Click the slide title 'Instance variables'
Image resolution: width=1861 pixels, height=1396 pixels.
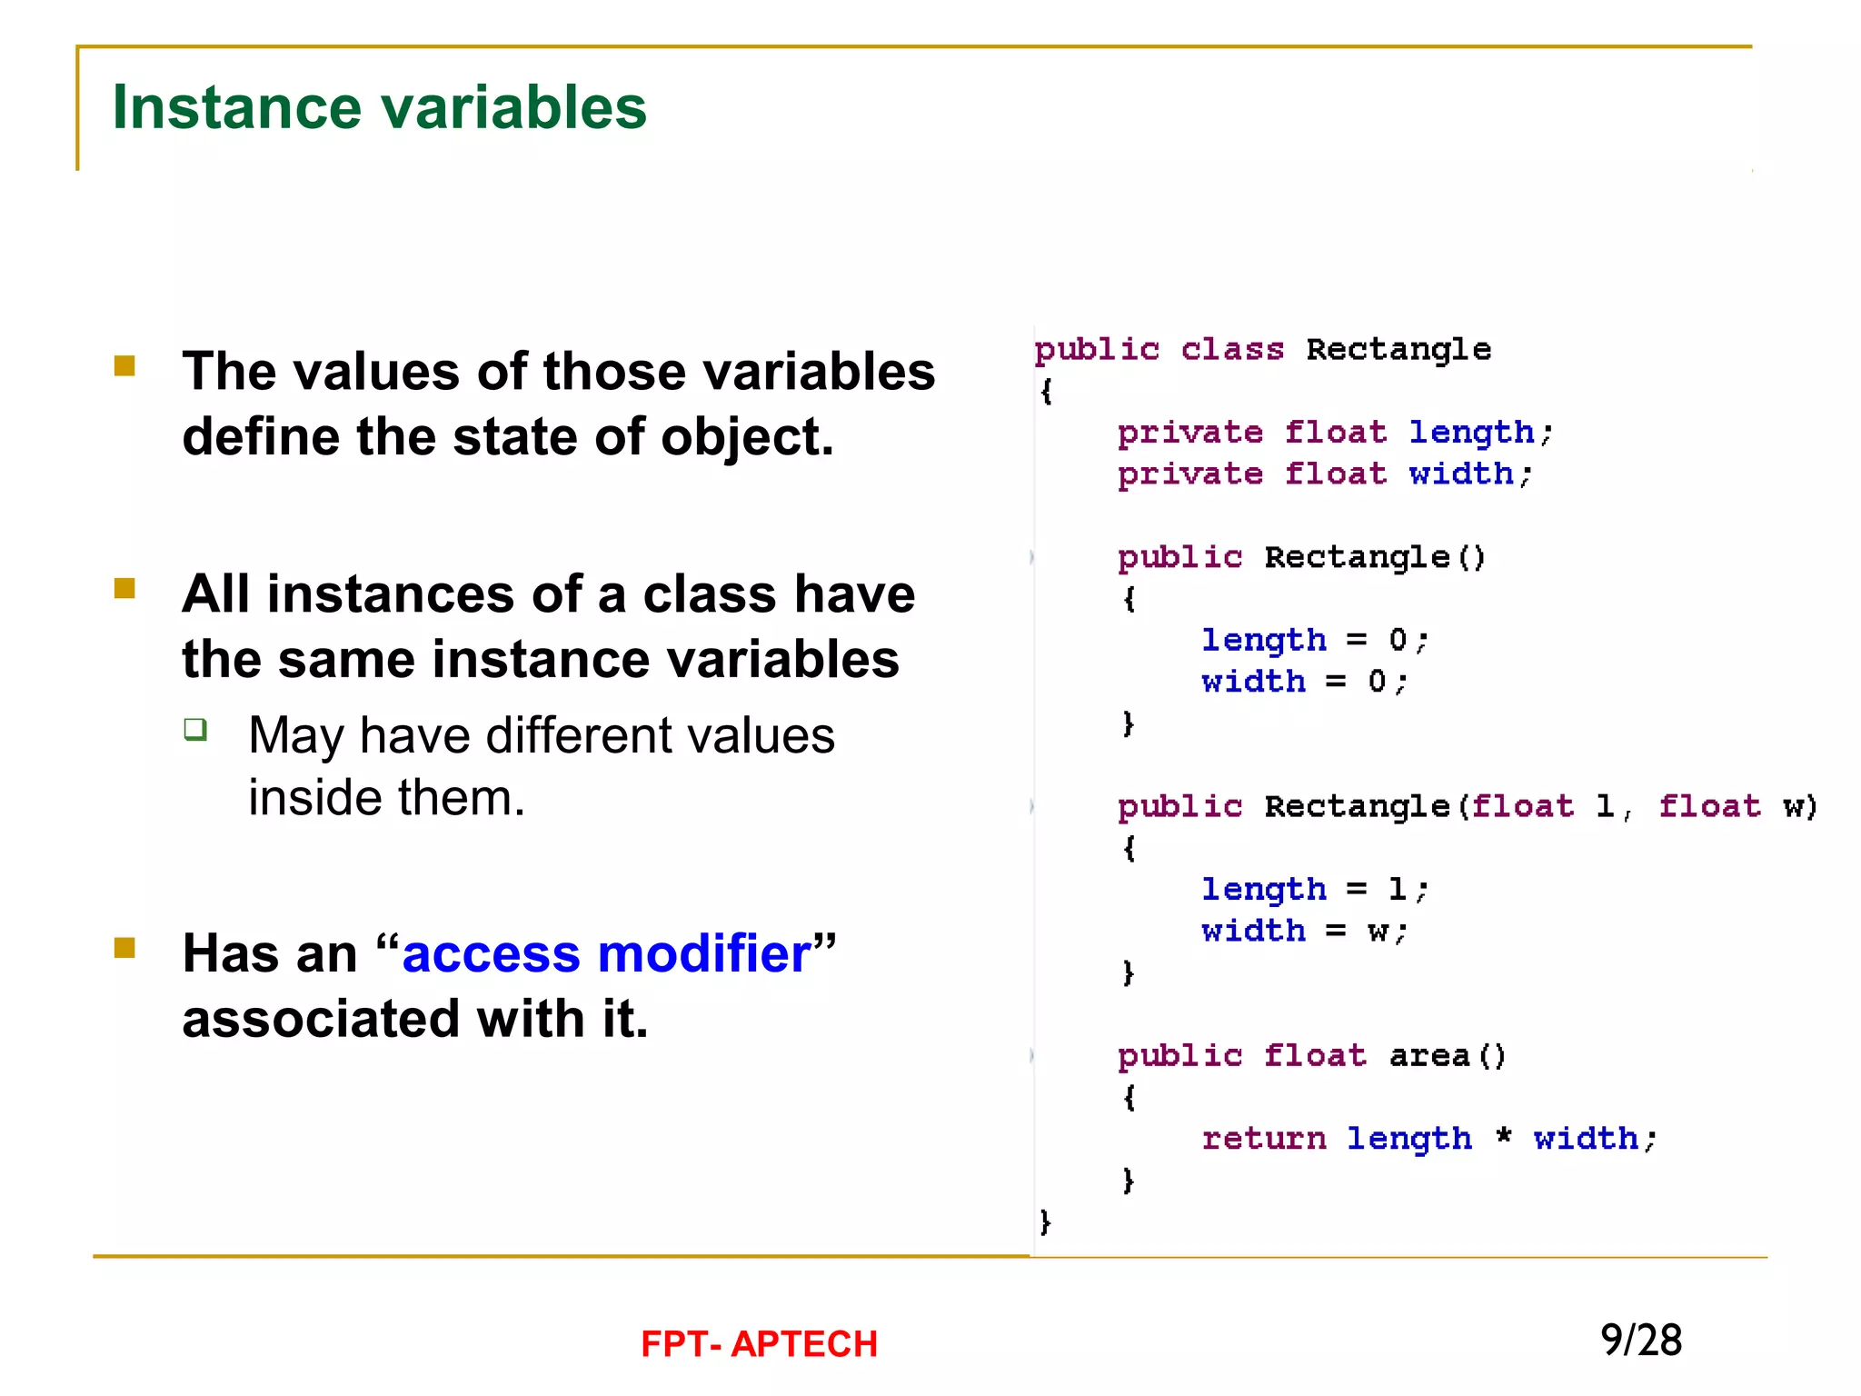tap(379, 107)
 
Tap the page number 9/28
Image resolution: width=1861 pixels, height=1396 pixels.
tap(1640, 1341)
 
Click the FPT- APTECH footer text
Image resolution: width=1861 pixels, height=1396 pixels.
tap(759, 1344)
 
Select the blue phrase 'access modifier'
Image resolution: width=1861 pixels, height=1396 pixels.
tap(606, 954)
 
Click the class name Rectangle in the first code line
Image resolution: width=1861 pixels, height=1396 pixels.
tap(1398, 350)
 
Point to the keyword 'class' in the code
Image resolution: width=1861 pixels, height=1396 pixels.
tap(1232, 350)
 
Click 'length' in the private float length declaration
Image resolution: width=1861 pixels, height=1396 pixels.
tap(1471, 433)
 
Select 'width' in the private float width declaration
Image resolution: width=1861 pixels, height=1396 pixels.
tap(1460, 474)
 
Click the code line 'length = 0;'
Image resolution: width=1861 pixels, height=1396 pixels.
tap(1314, 641)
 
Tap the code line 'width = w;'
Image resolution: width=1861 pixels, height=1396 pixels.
tap(1304, 932)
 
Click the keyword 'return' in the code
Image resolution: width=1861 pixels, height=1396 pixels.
tap(1263, 1139)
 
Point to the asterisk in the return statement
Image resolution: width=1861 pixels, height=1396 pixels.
tap(1504, 1137)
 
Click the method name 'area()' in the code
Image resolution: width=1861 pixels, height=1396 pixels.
tap(1447, 1056)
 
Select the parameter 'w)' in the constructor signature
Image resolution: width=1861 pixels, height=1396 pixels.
tap(1799, 807)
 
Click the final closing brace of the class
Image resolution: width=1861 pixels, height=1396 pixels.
tap(1045, 1221)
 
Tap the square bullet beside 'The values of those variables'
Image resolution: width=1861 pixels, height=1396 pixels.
tap(124, 366)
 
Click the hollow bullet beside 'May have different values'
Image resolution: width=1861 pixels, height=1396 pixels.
tap(195, 729)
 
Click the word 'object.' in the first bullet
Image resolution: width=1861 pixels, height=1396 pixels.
tap(747, 437)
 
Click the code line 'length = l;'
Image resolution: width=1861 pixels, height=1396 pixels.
tap(1314, 890)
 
